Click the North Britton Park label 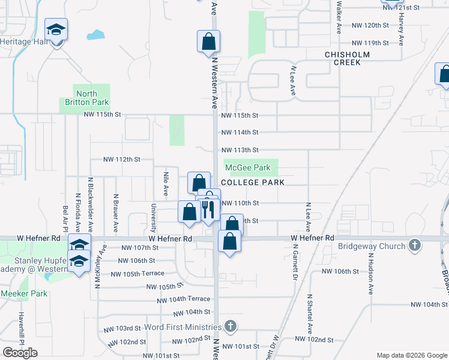coord(86,98)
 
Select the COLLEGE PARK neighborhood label coord(252,182)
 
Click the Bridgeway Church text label coord(373,245)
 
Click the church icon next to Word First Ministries coord(229,326)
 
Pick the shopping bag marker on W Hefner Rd coord(230,241)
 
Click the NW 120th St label coord(370,25)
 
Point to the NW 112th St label coord(121,160)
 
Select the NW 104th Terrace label coord(184,299)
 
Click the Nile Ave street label coord(166,184)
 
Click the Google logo coord(20,353)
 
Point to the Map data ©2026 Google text coord(412,355)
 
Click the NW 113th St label coord(240,150)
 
